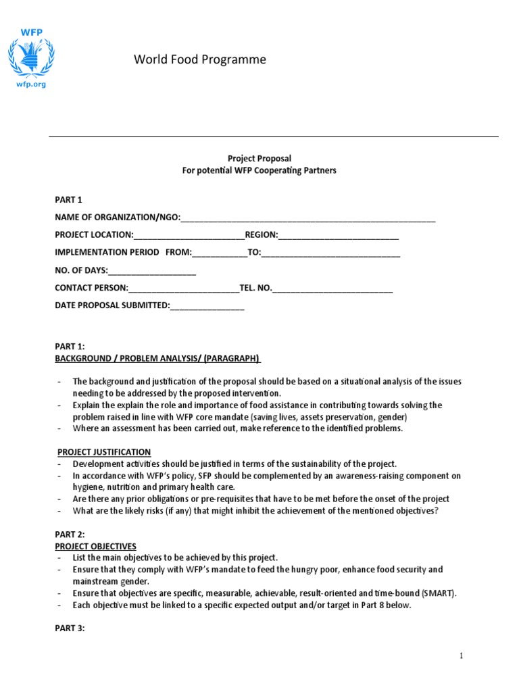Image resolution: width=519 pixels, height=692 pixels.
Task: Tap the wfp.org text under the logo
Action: (x=30, y=85)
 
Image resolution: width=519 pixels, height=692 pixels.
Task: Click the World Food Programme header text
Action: (x=200, y=60)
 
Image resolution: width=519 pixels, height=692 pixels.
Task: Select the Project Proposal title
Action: (x=259, y=158)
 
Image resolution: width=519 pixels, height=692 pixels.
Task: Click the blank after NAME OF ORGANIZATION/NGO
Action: (x=307, y=218)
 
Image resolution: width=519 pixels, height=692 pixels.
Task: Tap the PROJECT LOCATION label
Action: (x=94, y=235)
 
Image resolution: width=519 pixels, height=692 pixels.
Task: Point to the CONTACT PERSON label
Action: (x=91, y=288)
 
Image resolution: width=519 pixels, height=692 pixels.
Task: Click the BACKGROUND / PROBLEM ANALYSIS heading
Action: (x=157, y=358)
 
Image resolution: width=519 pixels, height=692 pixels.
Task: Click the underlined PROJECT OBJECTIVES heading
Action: (x=95, y=546)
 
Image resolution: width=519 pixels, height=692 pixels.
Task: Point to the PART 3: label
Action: (x=70, y=628)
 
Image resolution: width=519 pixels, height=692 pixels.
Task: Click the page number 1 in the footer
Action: (x=461, y=656)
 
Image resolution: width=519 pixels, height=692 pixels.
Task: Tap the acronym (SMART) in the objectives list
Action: (x=439, y=593)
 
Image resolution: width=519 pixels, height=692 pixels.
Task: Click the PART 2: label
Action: (x=70, y=535)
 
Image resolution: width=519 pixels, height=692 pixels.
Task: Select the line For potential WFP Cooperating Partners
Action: (x=259, y=171)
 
